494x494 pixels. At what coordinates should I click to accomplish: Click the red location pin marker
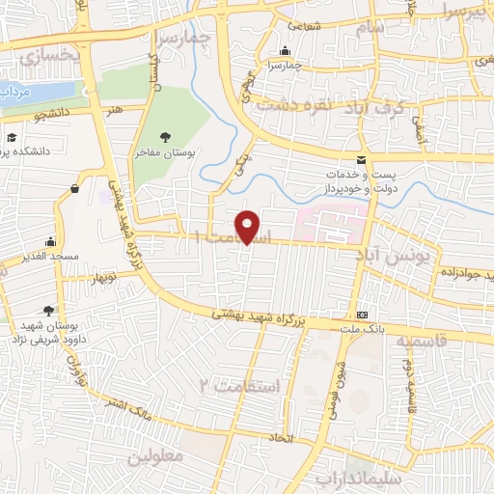(x=249, y=226)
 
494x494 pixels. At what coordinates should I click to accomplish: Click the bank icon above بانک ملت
(x=362, y=315)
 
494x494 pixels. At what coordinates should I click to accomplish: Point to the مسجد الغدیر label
(x=45, y=259)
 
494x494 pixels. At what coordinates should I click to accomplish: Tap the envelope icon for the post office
(x=361, y=159)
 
